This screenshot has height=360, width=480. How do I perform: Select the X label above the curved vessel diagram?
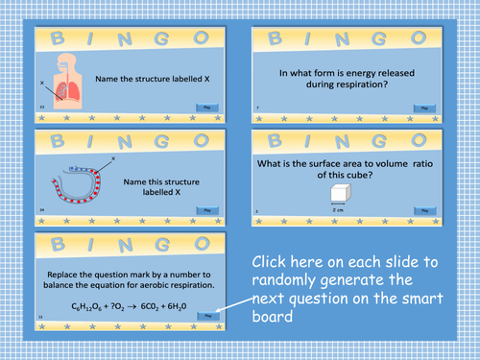tap(113, 156)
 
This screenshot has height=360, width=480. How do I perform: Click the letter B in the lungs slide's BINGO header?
tap(56, 37)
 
